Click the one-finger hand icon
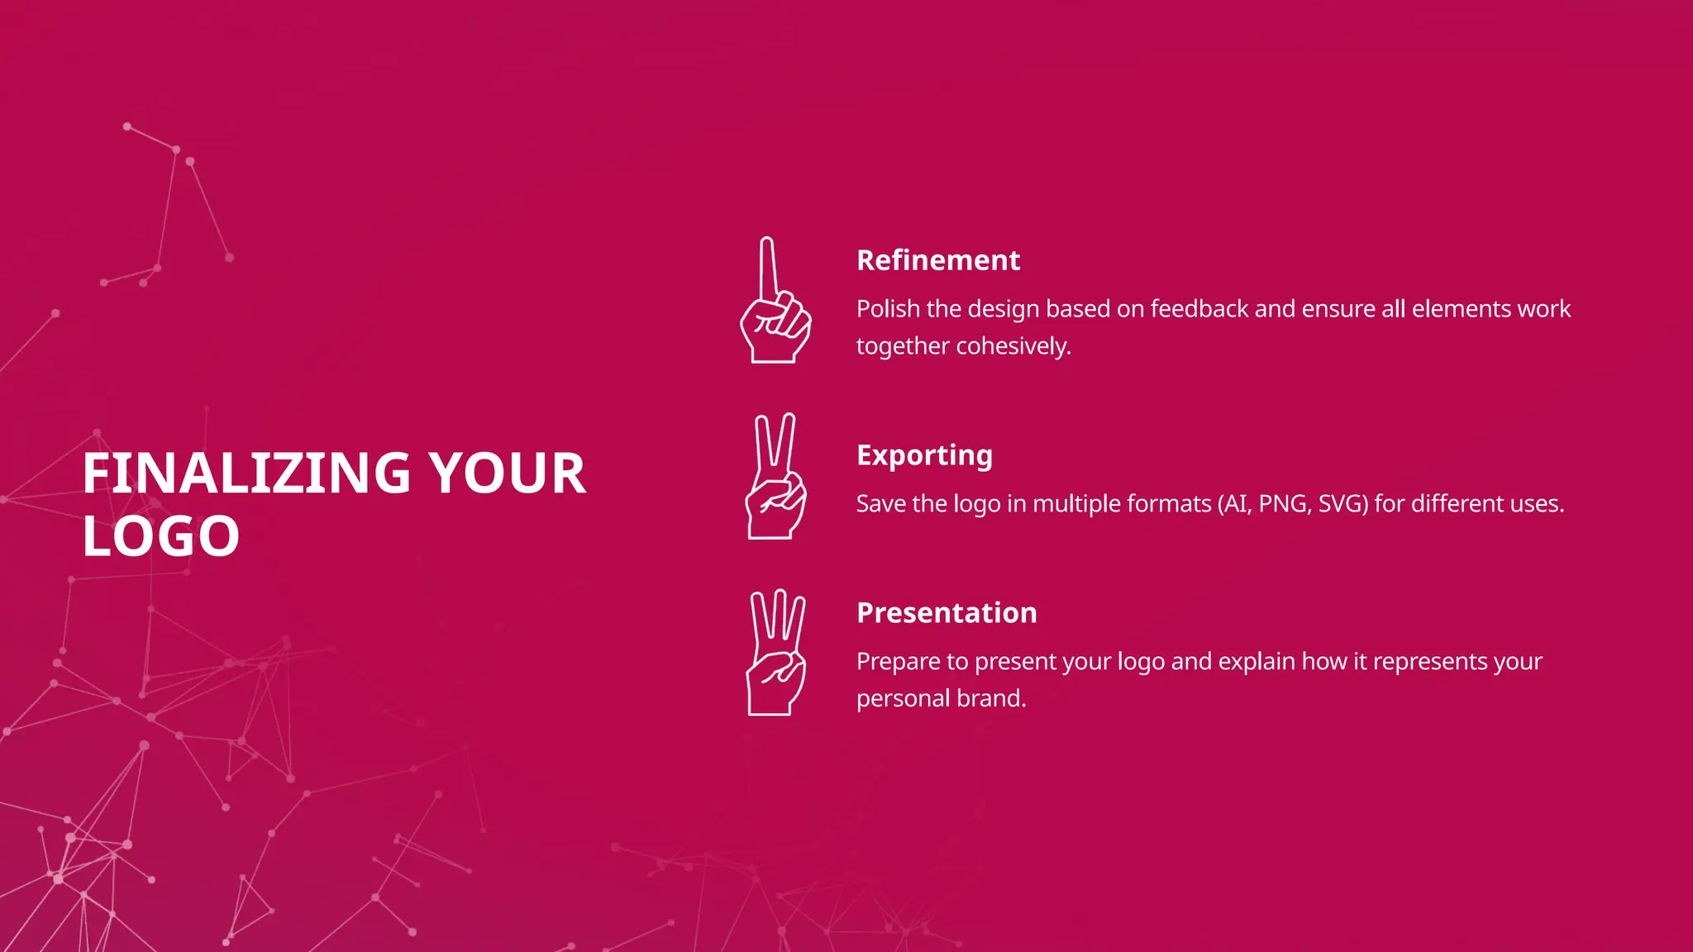pyautogui.click(x=775, y=302)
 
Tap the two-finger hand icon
pyautogui.click(x=775, y=478)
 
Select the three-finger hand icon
pyautogui.click(x=775, y=653)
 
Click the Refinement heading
pyautogui.click(x=937, y=260)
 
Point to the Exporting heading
pyautogui.click(x=924, y=455)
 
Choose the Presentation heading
pyautogui.click(x=947, y=613)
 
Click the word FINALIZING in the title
pyautogui.click(x=246, y=474)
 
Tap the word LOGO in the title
pyautogui.click(x=161, y=536)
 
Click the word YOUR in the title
pyautogui.click(x=507, y=474)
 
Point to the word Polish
pyautogui.click(x=888, y=309)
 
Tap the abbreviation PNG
pyautogui.click(x=1284, y=504)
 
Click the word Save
pyautogui.click(x=880, y=504)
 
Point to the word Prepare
pyautogui.click(x=898, y=662)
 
